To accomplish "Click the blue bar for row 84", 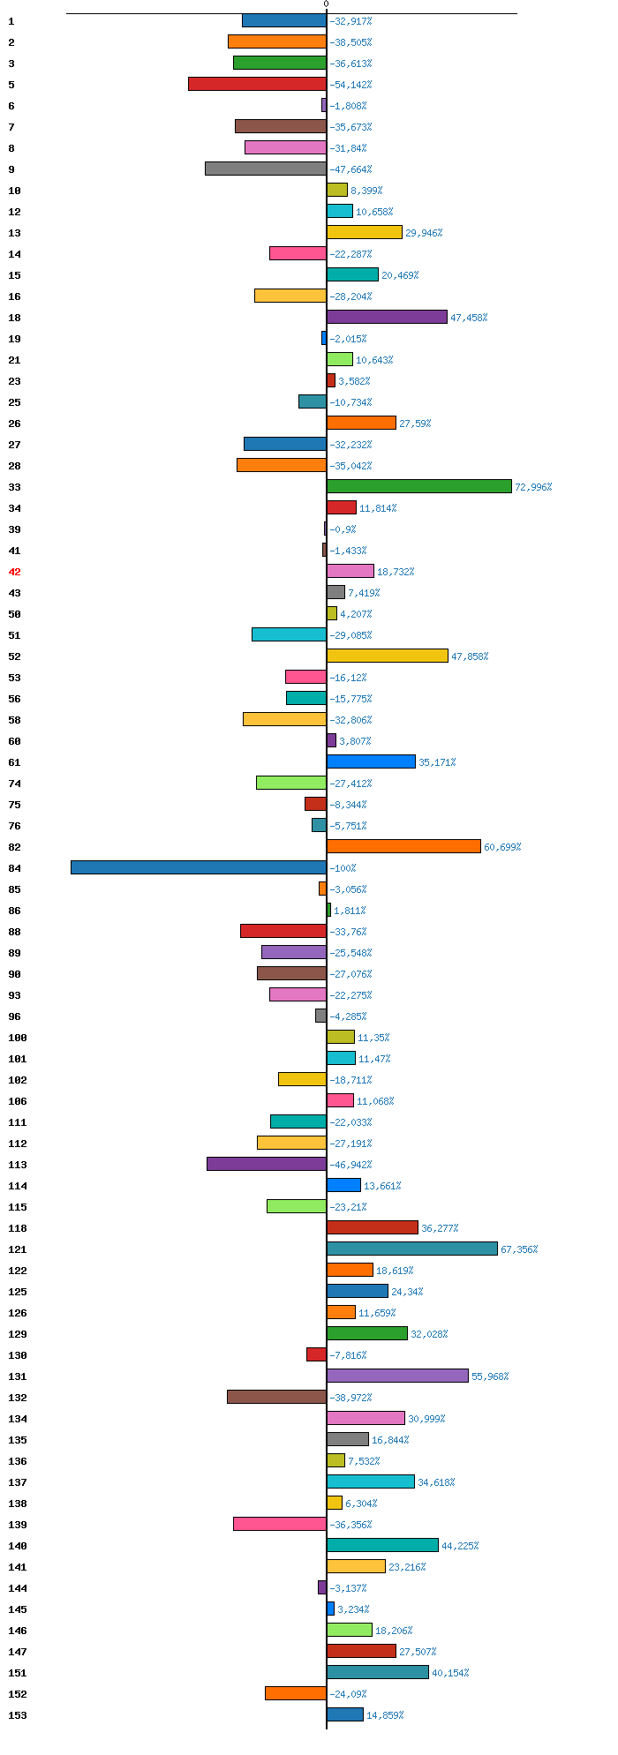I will click(199, 867).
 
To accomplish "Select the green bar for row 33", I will click(418, 486).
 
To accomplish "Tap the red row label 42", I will click(14, 572).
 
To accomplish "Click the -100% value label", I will click(343, 868).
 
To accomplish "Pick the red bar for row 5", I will click(257, 84).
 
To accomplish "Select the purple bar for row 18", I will click(387, 317).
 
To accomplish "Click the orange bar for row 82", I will click(403, 846).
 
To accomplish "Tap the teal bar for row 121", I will click(412, 1249).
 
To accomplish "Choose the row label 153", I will click(18, 1715).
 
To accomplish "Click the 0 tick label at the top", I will click(326, 4).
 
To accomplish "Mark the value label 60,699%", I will click(502, 847).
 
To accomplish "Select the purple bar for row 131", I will click(397, 1376).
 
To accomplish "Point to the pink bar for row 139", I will click(280, 1524).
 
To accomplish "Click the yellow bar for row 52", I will click(387, 656).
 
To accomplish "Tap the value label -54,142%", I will click(350, 85).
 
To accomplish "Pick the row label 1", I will click(11, 21).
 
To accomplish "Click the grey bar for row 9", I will click(266, 169).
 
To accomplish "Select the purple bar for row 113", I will click(267, 1164).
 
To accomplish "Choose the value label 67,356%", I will click(519, 1249).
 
